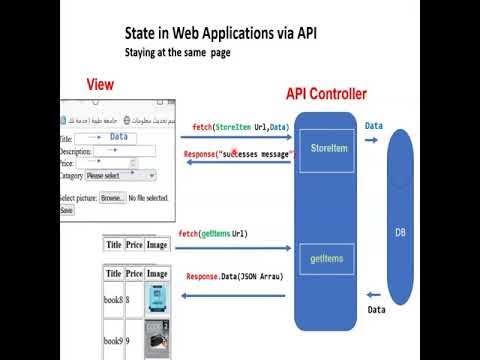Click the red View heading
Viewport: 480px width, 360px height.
click(x=99, y=84)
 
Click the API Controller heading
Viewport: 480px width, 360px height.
click(x=326, y=95)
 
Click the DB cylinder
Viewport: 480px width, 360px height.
click(x=400, y=232)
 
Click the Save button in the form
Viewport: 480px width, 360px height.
click(x=67, y=211)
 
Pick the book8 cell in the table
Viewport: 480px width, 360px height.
click(x=113, y=299)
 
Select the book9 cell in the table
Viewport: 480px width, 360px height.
click(x=113, y=341)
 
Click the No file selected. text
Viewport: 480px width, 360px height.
click(x=149, y=198)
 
